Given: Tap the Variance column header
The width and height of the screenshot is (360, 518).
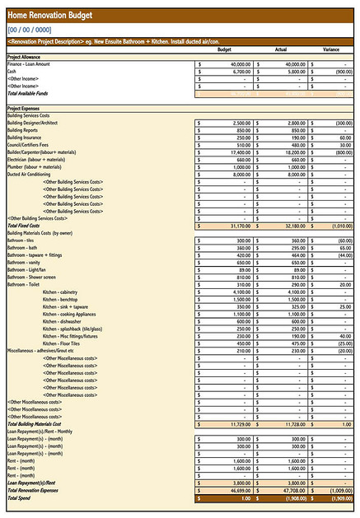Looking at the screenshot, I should click(330, 49).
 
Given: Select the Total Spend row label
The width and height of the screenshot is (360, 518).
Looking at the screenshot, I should click(21, 497).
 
